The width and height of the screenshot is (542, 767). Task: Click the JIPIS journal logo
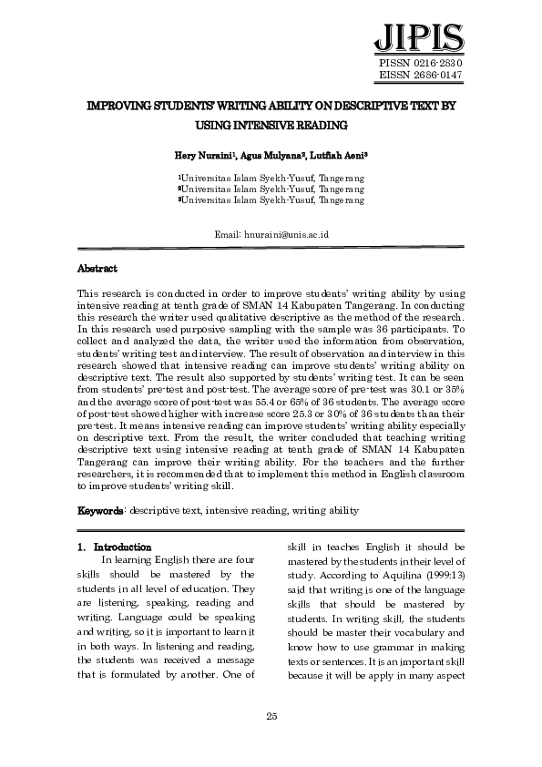click(418, 37)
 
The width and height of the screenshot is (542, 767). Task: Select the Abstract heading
click(97, 269)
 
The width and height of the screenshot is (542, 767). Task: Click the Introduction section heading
click(128, 547)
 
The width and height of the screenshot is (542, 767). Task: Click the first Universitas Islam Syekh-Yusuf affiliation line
click(271, 178)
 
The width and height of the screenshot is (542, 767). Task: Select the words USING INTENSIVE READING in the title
click(271, 124)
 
